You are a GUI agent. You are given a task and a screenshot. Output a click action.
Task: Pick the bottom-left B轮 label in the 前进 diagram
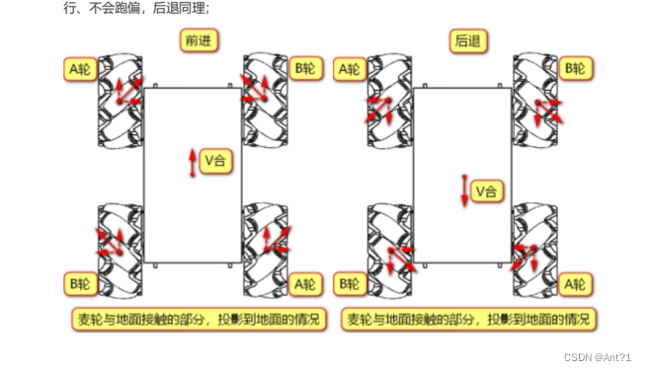[80, 282]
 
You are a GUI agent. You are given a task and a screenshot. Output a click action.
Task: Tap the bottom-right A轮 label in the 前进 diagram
[306, 283]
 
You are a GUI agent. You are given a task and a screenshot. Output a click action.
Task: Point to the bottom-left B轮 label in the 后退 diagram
[350, 283]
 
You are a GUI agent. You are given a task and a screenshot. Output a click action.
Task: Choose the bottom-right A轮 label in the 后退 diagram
[576, 283]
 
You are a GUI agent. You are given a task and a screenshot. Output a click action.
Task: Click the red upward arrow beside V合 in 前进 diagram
[193, 162]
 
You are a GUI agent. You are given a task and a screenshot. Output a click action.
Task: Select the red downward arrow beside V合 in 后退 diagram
[463, 189]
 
